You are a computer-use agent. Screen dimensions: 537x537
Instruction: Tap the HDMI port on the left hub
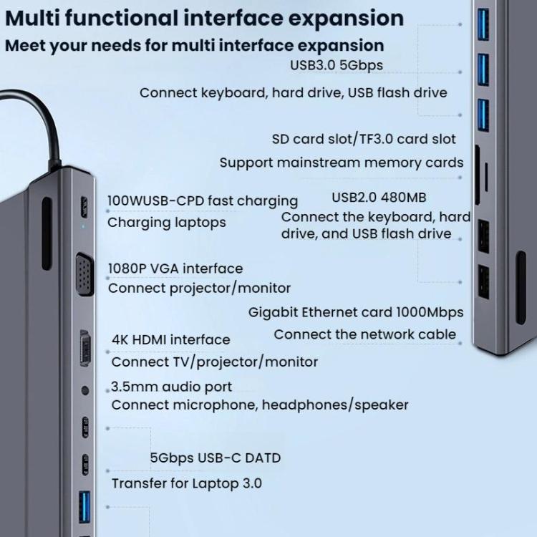(85, 349)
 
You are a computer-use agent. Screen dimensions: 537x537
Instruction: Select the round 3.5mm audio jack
(85, 391)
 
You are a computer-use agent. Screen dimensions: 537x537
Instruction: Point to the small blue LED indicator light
(84, 228)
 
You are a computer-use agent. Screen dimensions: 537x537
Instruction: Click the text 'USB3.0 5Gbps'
(336, 65)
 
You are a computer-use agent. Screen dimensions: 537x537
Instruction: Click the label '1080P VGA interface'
(175, 268)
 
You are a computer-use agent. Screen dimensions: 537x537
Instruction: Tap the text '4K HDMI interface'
(171, 339)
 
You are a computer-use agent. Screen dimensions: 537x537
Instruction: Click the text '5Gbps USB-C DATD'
(215, 458)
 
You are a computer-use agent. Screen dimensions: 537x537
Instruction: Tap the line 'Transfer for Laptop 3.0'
(187, 483)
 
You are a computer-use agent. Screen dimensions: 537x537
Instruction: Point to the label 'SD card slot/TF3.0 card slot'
(364, 139)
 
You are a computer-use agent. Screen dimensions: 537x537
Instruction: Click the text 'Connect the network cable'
(364, 334)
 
